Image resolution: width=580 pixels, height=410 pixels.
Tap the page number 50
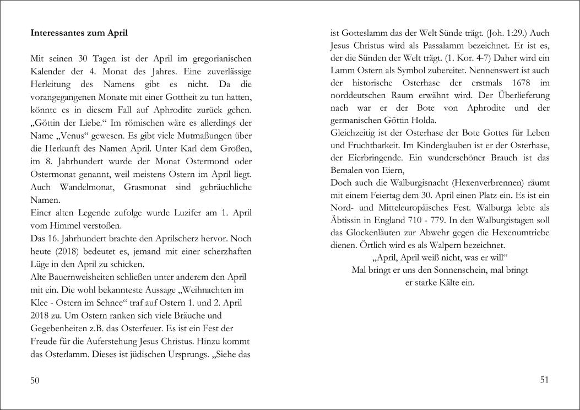(x=35, y=381)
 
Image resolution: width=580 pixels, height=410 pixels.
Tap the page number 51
(x=544, y=380)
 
